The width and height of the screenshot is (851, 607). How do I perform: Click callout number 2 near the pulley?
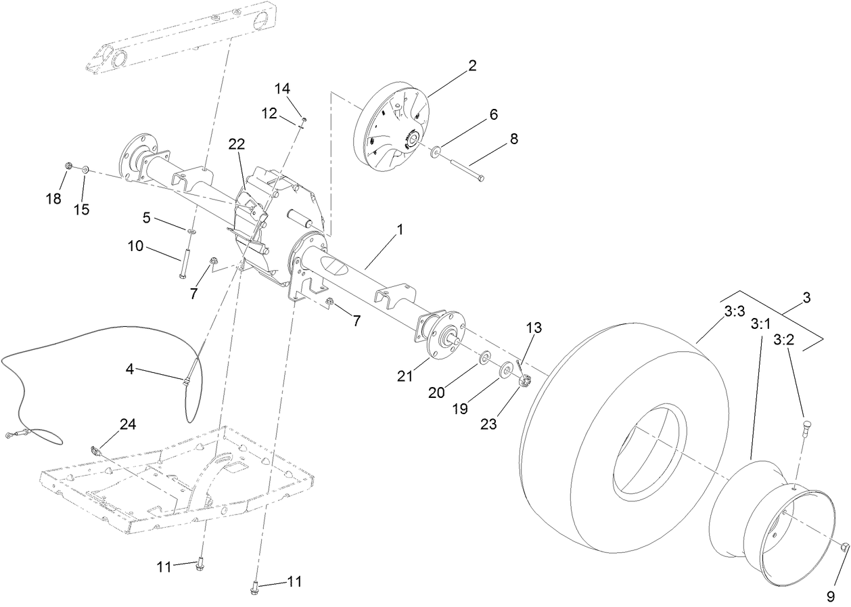471,66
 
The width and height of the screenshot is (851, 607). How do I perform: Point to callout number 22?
236,144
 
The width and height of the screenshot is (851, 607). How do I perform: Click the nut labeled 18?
68,166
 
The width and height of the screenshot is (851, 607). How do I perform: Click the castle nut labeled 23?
524,383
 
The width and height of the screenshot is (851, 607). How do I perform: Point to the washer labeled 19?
505,371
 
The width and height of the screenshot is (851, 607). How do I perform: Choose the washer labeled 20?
486,357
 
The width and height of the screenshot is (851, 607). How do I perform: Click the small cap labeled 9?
846,547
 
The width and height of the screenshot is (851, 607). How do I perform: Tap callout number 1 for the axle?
399,230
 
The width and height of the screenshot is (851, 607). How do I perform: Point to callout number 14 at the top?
282,89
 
